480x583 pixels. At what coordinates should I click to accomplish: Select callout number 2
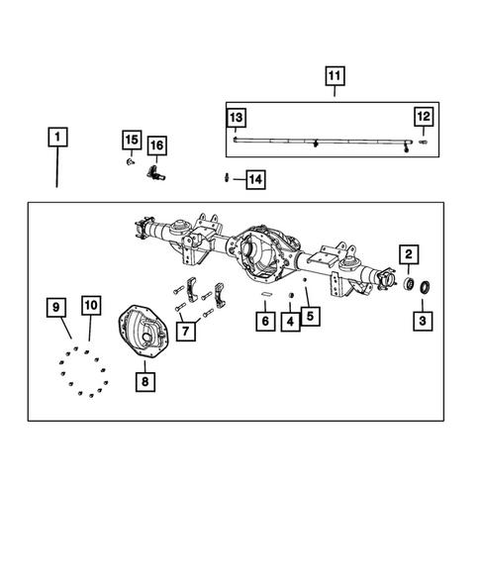point(408,254)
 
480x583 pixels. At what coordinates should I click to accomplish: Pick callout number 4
point(290,321)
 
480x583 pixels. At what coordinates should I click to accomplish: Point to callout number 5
point(311,316)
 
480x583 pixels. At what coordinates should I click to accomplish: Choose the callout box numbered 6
point(264,321)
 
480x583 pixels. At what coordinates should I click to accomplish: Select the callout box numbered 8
point(145,379)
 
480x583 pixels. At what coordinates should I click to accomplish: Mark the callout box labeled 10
point(90,306)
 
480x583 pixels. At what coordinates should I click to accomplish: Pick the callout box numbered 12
point(423,118)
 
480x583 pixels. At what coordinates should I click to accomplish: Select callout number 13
point(236,118)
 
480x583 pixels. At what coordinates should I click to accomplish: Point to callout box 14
point(254,179)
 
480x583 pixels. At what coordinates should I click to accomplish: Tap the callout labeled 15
point(132,139)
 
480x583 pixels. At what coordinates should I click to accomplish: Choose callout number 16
point(156,146)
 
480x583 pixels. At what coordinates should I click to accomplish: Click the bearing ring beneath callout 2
point(407,285)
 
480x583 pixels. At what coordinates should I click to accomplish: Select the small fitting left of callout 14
point(228,178)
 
